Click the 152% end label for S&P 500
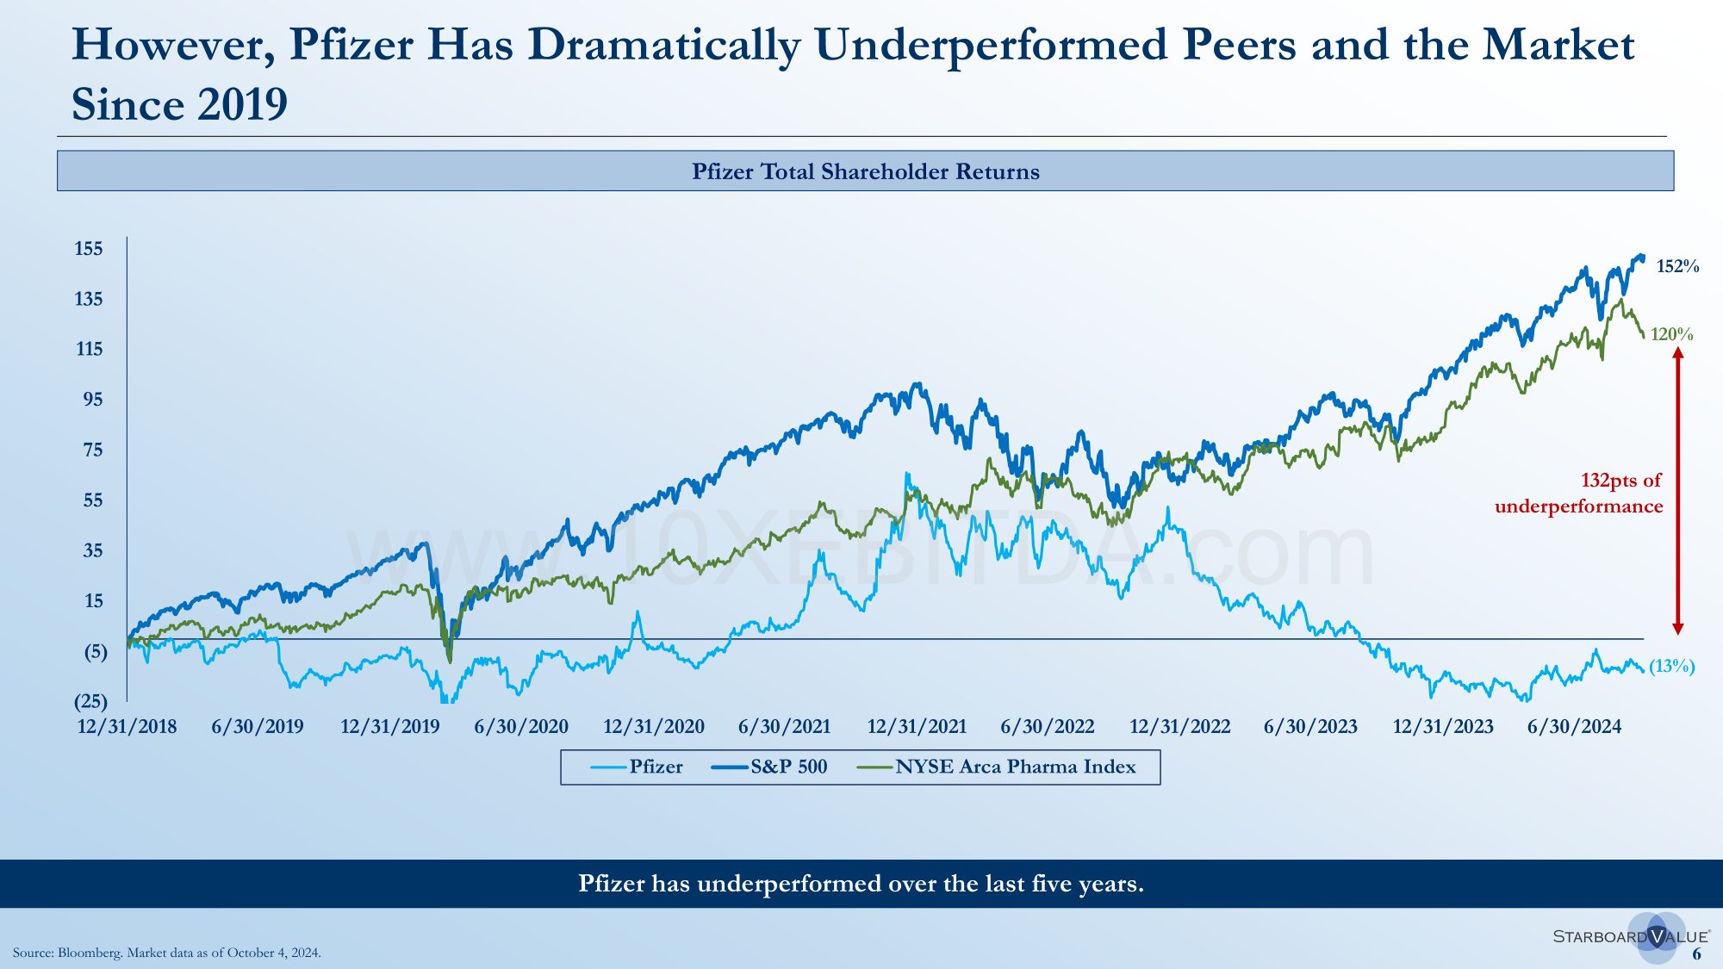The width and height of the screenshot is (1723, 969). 1677,266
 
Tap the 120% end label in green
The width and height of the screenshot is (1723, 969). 1671,334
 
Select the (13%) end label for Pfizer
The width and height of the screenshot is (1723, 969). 1671,666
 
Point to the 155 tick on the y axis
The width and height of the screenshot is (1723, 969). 89,249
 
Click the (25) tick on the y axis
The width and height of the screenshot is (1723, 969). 90,701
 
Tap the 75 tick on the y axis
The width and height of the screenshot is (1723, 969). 92,450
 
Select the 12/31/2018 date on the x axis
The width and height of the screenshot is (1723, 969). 128,727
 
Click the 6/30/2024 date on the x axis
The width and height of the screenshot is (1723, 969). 1574,727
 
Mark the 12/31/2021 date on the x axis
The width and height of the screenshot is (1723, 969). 917,727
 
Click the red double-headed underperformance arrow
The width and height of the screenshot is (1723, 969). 1677,491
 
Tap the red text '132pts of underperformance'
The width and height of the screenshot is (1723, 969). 1579,493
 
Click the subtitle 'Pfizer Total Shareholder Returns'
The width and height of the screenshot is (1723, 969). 865,171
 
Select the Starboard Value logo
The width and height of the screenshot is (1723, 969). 1631,936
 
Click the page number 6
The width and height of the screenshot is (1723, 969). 1696,953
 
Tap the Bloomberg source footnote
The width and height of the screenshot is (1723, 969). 167,953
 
